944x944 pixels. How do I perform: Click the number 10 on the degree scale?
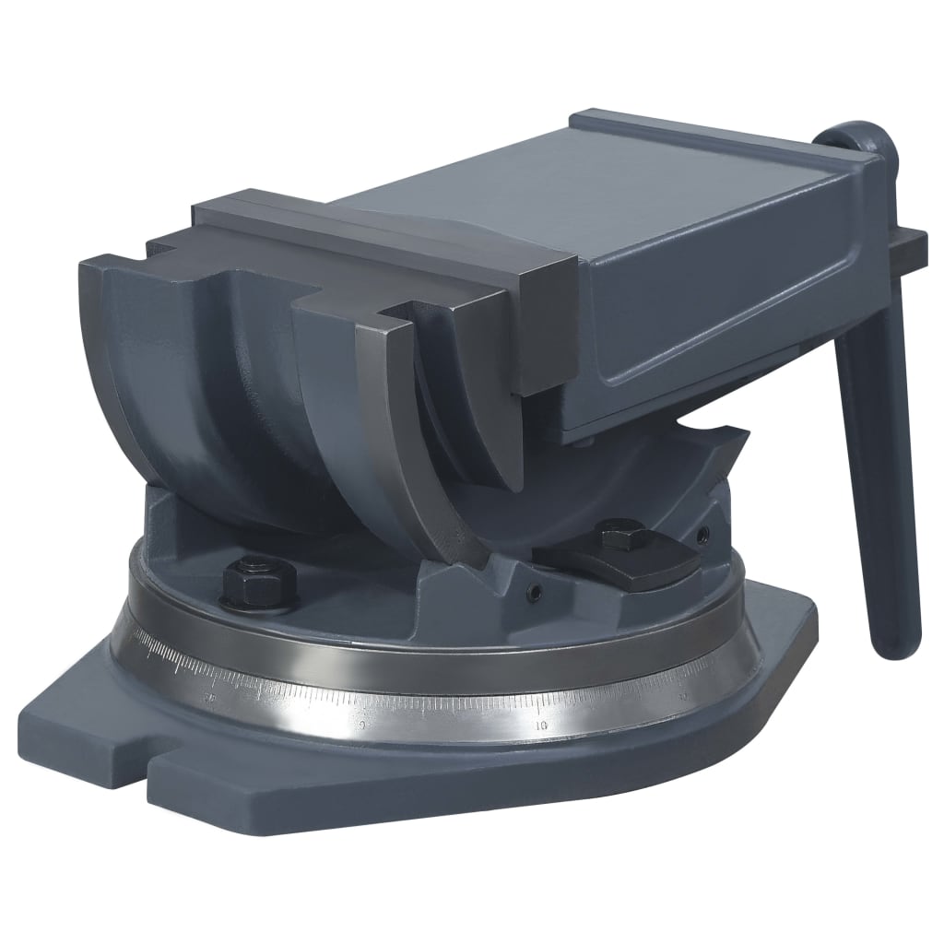[x=543, y=726]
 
